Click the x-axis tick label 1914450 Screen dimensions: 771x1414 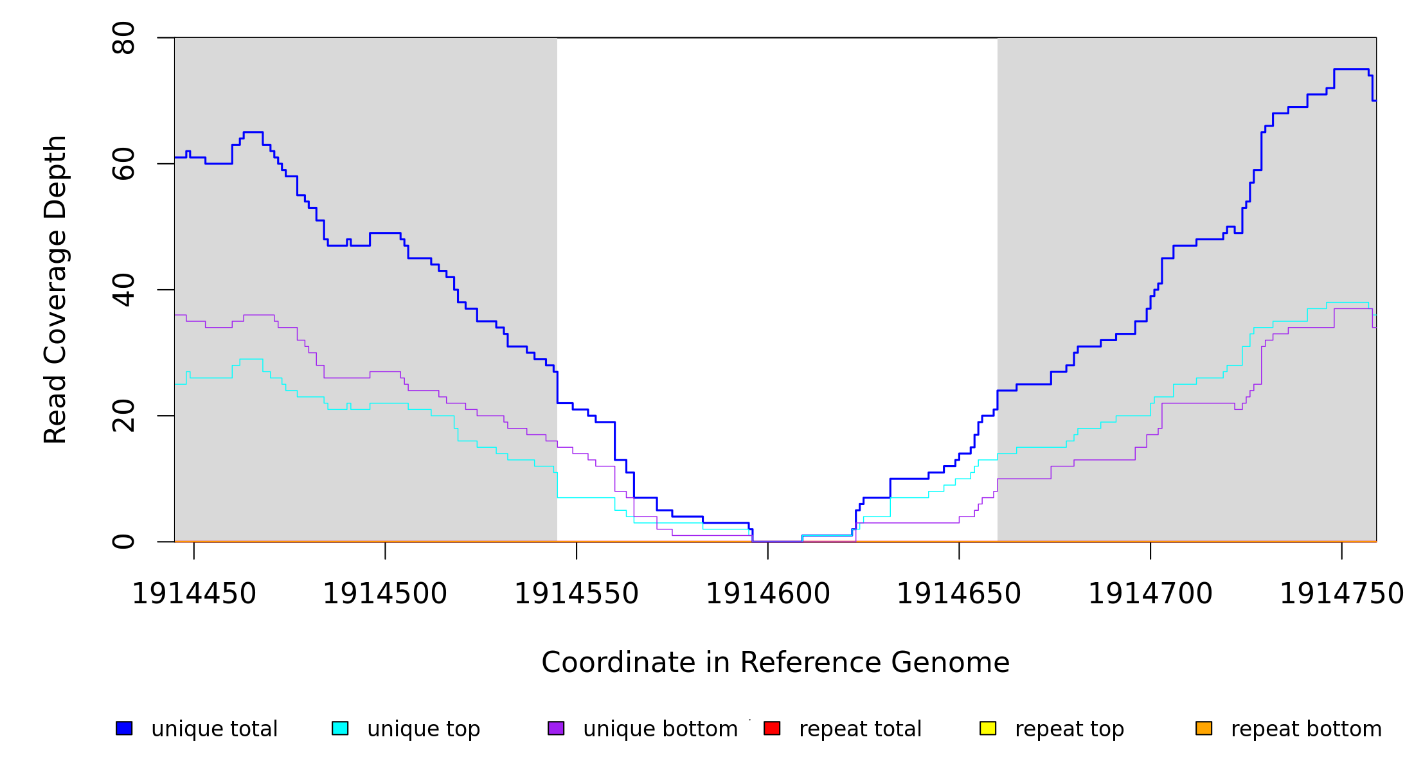tap(193, 594)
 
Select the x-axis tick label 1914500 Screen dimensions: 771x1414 tap(385, 594)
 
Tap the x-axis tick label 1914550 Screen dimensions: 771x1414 tap(577, 594)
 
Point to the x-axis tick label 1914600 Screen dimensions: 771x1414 tap(768, 594)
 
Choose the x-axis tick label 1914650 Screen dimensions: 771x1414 tap(959, 594)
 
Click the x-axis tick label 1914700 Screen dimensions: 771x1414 tap(1150, 594)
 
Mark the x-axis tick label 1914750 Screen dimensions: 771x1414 tap(1342, 594)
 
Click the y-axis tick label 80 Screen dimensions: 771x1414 tap(123, 38)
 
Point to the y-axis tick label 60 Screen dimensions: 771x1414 tap(123, 164)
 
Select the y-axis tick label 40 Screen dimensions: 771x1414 tap(123, 290)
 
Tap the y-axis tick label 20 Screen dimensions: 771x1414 tap(123, 416)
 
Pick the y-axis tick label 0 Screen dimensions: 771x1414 tap(123, 542)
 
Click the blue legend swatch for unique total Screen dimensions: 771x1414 tap(124, 729)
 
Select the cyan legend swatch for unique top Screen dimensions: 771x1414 tap(340, 729)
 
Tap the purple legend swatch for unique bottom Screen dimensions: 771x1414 tap(556, 729)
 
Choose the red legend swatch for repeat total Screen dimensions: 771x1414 tap(772, 729)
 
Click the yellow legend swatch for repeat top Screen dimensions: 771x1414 tap(988, 729)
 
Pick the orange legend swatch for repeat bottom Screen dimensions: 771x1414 tap(1204, 729)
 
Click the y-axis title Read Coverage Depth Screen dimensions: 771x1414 tap(55, 289)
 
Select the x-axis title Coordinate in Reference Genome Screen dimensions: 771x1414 tap(775, 663)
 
